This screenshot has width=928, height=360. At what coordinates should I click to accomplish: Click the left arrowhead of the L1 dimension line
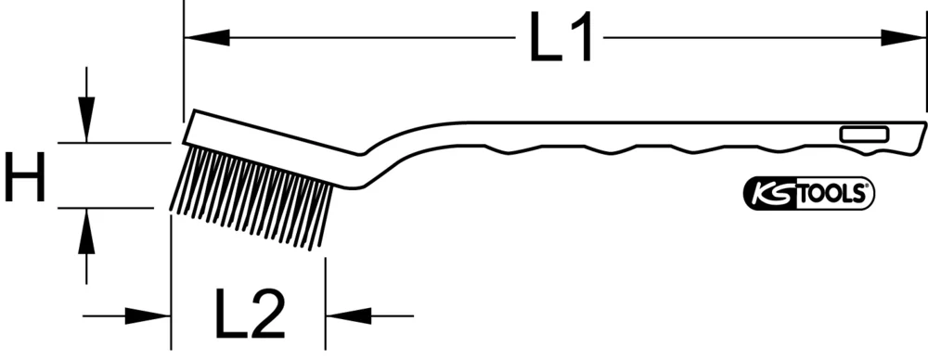pos(206,38)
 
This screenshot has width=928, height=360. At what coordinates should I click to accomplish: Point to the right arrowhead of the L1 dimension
pos(904,38)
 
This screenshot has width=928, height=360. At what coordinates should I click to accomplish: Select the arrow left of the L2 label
pos(148,316)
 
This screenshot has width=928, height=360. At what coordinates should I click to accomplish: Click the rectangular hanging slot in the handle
pos(861,136)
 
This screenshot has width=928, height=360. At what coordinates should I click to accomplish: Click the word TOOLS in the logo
pos(827,194)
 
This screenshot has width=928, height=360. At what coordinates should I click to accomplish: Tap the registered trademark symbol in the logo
pos(869,187)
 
